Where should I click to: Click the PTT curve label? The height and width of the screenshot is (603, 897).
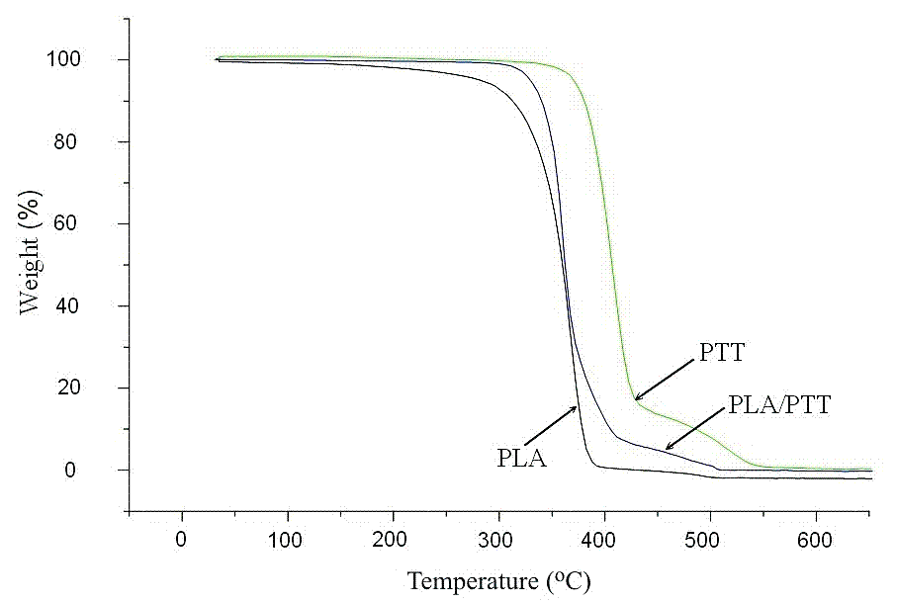click(721, 353)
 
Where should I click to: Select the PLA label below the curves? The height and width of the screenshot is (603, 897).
click(522, 458)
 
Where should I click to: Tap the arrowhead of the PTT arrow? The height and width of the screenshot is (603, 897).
click(637, 398)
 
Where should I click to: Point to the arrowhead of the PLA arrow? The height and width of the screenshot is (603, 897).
click(575, 407)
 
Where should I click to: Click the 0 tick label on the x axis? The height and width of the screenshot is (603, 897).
click(182, 541)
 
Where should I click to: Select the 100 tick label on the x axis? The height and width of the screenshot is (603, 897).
click(288, 541)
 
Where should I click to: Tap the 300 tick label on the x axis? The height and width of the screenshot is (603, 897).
click(498, 541)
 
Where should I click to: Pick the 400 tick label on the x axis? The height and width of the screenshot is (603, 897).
click(604, 541)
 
